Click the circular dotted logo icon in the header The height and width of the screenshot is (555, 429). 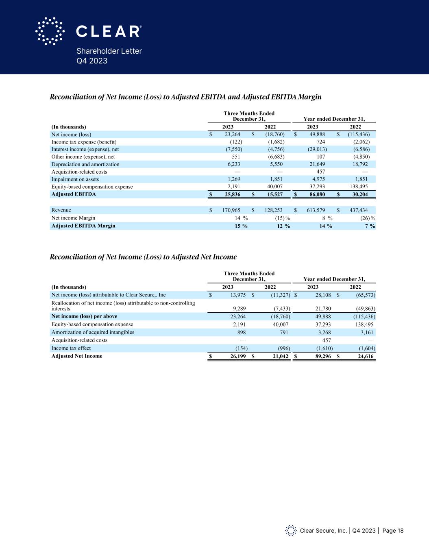50,31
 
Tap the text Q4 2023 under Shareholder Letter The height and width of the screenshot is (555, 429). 92,61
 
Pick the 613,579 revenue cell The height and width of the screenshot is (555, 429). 316,210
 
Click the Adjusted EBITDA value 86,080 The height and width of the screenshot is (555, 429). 316,194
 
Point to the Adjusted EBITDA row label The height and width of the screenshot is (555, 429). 74,194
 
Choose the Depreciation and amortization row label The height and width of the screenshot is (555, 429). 85,164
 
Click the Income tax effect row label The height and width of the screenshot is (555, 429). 71,348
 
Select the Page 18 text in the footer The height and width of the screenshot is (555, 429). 393,531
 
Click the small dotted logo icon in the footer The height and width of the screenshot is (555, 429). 291,531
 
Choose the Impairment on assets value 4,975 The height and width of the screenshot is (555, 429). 318,179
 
